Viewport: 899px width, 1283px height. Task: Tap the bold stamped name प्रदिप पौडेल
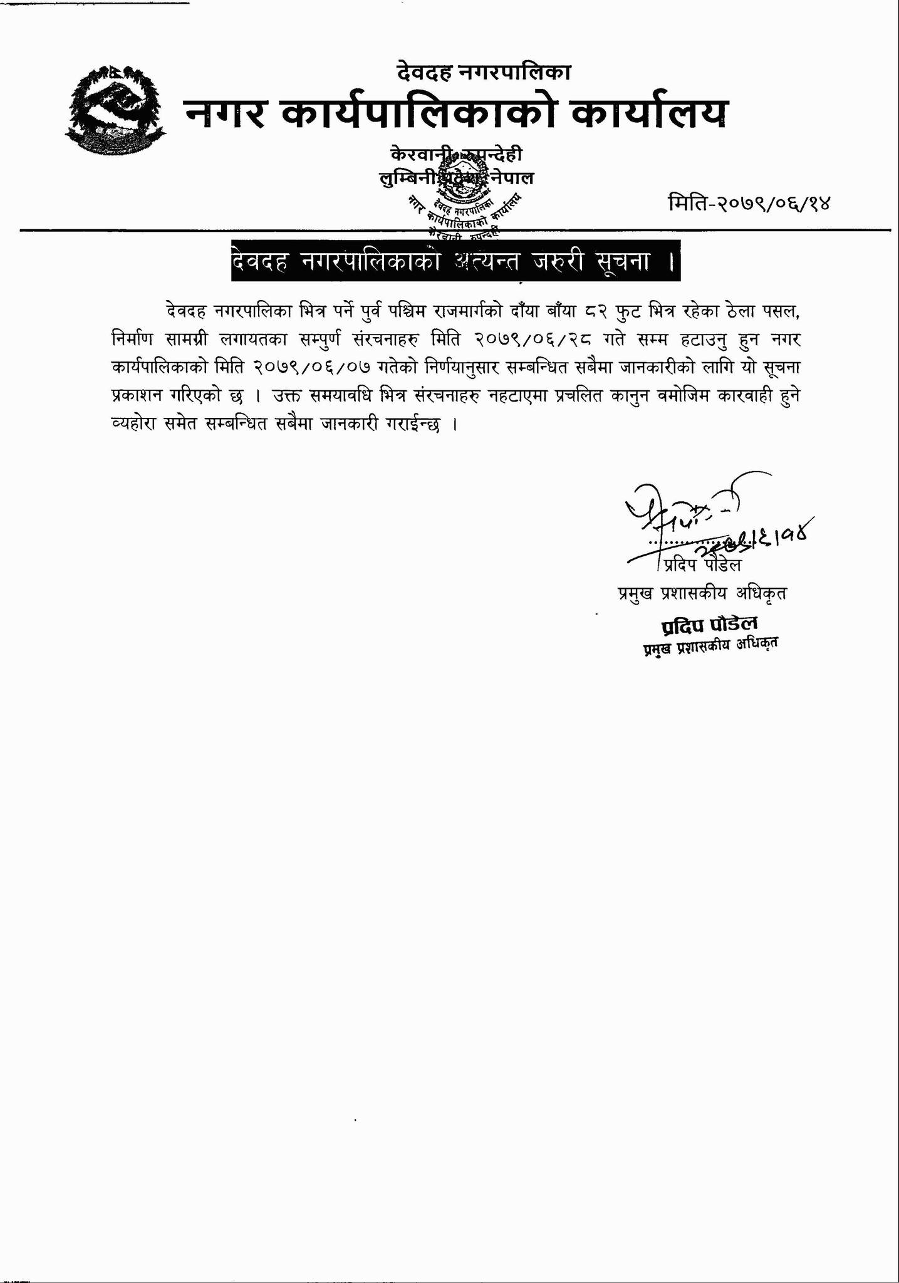[709, 624]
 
